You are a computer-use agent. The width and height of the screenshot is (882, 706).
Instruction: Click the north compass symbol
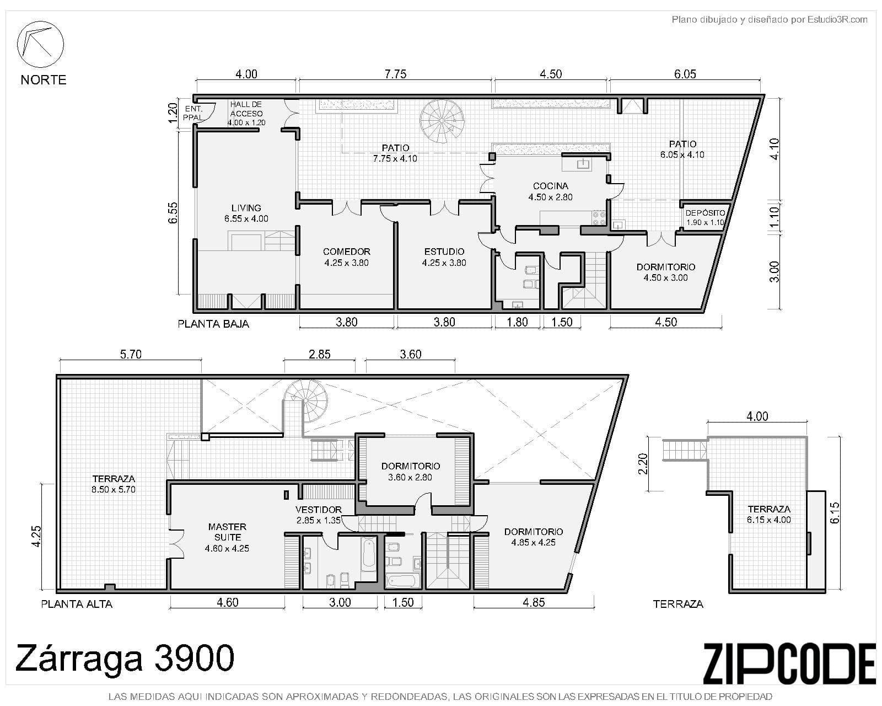40,44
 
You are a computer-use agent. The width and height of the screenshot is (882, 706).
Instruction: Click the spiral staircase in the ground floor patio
441,120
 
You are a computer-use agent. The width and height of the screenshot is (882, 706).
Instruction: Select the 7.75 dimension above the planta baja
395,74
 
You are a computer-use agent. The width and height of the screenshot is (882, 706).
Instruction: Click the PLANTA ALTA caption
77,604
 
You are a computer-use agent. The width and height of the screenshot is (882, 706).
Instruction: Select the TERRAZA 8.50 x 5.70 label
114,484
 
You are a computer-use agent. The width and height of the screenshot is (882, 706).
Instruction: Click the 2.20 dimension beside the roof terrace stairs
642,463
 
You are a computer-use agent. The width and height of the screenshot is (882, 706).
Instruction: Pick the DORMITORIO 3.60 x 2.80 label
410,472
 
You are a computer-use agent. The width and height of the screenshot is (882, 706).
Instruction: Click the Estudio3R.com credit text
769,20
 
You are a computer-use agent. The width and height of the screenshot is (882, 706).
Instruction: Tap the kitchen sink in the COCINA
583,163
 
